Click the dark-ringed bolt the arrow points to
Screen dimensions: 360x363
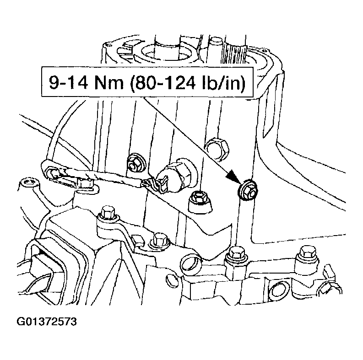point(247,189)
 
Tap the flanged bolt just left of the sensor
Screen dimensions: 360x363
point(135,161)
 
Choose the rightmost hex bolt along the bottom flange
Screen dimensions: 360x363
point(305,254)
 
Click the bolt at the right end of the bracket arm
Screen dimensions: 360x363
point(160,239)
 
